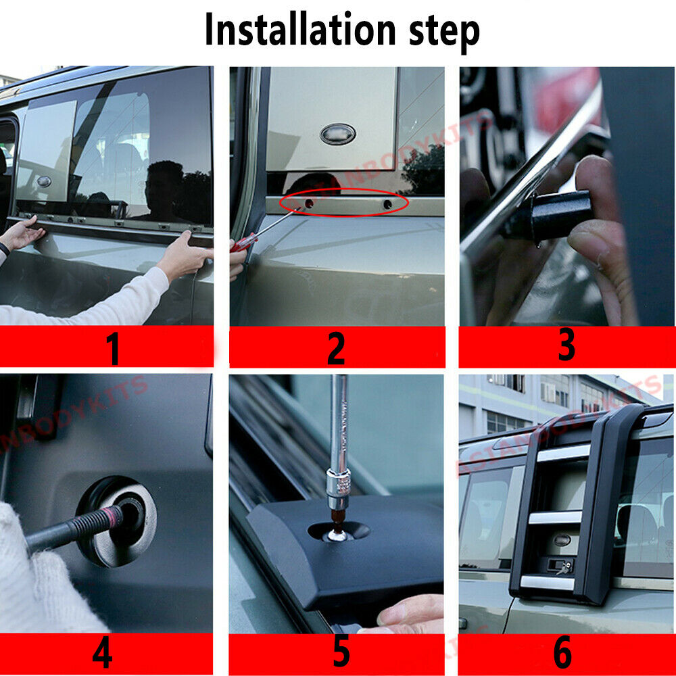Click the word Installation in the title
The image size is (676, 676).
tap(298, 30)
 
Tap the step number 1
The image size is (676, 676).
tap(112, 349)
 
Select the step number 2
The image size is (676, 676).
tap(336, 349)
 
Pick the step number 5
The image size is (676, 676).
tap(340, 653)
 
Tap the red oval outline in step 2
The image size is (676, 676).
tap(345, 203)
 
